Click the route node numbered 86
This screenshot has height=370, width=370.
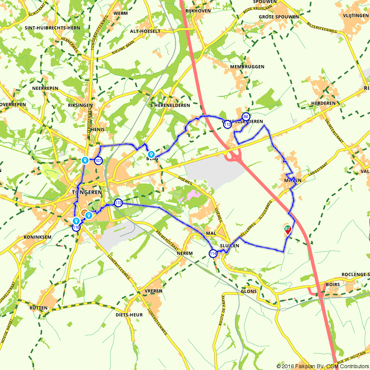click(246, 116)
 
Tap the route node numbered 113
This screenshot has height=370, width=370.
click(228, 125)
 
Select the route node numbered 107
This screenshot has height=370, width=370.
click(98, 161)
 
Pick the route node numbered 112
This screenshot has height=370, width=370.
click(118, 202)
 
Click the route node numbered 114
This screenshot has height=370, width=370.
click(213, 253)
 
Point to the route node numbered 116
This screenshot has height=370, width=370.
click(76, 227)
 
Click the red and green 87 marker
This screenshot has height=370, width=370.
click(287, 230)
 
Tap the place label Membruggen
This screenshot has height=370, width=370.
click(247, 67)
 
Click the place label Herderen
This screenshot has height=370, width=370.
click(323, 103)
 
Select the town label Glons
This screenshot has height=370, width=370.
click(249, 291)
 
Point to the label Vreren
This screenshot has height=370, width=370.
click(154, 291)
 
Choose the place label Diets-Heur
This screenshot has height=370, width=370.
click(129, 315)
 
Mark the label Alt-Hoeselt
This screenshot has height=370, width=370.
click(145, 31)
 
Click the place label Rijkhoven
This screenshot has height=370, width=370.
click(198, 11)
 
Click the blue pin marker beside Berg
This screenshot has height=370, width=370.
click(151, 154)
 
